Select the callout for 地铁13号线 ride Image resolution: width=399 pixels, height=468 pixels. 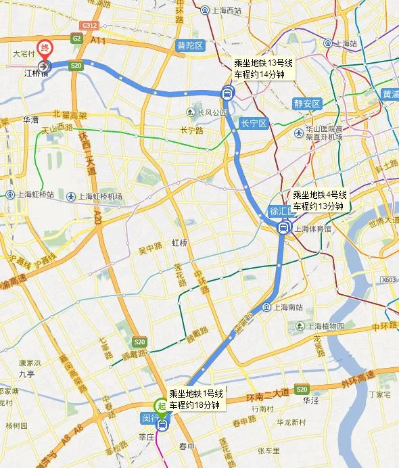tap(263, 68)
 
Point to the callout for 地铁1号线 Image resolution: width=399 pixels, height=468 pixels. tap(195, 399)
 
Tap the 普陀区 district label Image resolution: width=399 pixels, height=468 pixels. tap(190, 46)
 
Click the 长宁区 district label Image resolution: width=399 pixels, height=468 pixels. tap(254, 123)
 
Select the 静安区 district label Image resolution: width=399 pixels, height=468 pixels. tap(306, 103)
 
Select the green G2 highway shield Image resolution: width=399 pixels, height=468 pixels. tap(76, 39)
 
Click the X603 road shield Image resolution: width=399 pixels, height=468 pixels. tap(388, 279)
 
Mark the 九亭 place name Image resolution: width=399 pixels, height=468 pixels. tap(27, 373)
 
